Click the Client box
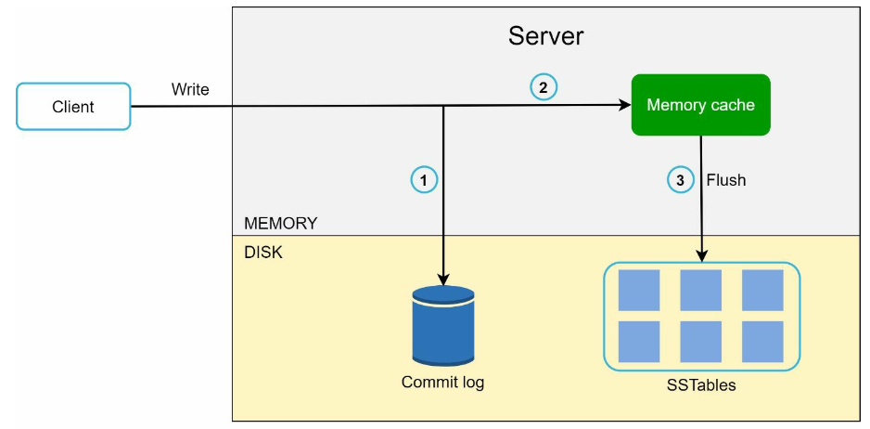tap(73, 106)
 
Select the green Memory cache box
tap(701, 105)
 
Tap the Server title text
tap(546, 36)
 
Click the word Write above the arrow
tap(190, 89)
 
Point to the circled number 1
tap(425, 180)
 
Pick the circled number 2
tap(544, 87)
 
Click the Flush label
tap(725, 180)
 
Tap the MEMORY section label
tap(281, 224)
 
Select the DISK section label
tap(263, 253)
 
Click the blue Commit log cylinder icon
tap(443, 326)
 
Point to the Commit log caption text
tap(442, 383)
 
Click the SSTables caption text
tap(701, 385)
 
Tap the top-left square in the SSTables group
tap(639, 290)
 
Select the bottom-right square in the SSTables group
tap(762, 342)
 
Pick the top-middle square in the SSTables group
tap(701, 290)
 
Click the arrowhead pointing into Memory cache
tap(625, 105)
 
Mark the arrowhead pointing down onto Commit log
tap(442, 279)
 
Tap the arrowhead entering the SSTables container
tap(701, 255)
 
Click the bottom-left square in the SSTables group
tap(639, 342)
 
